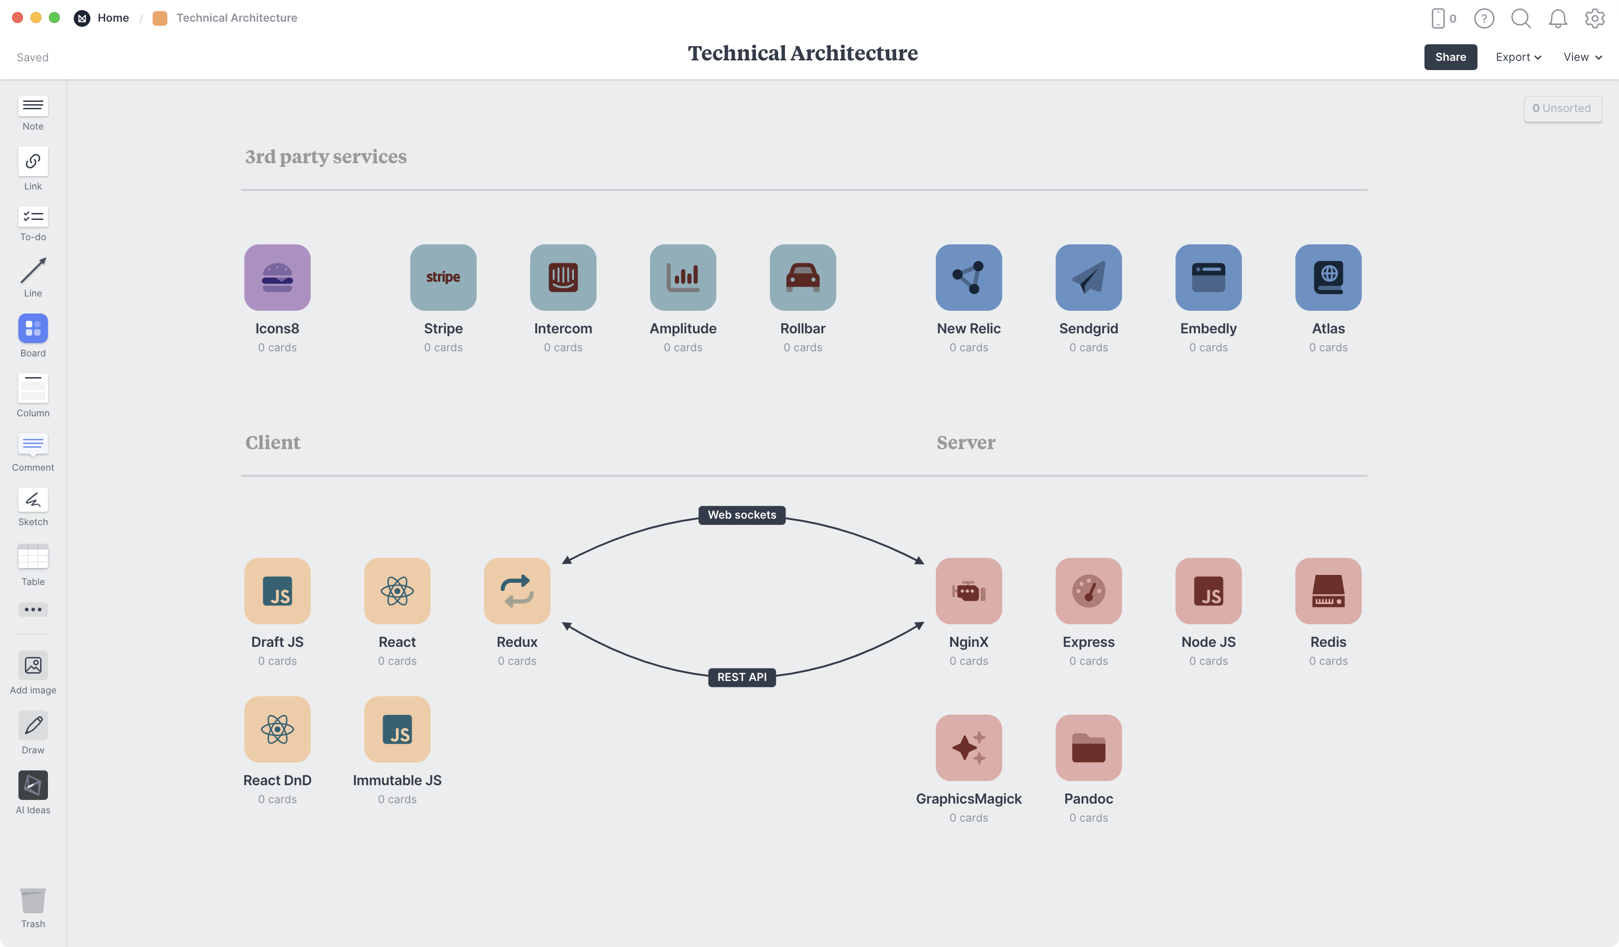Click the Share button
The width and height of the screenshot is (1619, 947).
pos(1450,57)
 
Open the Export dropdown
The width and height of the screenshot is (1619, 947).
pos(1518,57)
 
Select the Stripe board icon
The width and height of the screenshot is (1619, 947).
pos(443,278)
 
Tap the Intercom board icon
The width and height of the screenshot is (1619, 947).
pos(563,278)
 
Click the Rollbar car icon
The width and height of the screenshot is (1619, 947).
pos(803,278)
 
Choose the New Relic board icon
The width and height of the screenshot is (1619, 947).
pos(968,278)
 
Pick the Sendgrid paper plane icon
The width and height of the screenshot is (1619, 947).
pos(1088,278)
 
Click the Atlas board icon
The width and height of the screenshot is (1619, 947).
pos(1328,278)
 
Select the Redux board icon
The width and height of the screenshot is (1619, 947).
pos(516,591)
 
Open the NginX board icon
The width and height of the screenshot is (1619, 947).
pos(968,591)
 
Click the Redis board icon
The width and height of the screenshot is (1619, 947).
pos(1328,591)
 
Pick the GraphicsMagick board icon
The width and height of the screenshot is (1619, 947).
pos(968,748)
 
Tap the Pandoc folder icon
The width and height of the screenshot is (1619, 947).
pos(1088,748)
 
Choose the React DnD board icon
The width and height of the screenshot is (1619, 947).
pos(277,729)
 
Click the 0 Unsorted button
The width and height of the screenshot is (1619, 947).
pos(1562,108)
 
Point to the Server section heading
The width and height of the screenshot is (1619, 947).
pos(966,443)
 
